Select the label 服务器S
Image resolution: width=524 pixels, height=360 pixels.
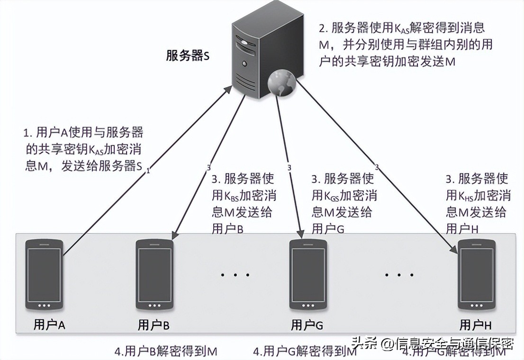tap(188, 56)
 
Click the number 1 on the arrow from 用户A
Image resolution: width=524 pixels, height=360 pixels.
tap(148, 171)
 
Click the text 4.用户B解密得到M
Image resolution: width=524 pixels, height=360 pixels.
tap(166, 352)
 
